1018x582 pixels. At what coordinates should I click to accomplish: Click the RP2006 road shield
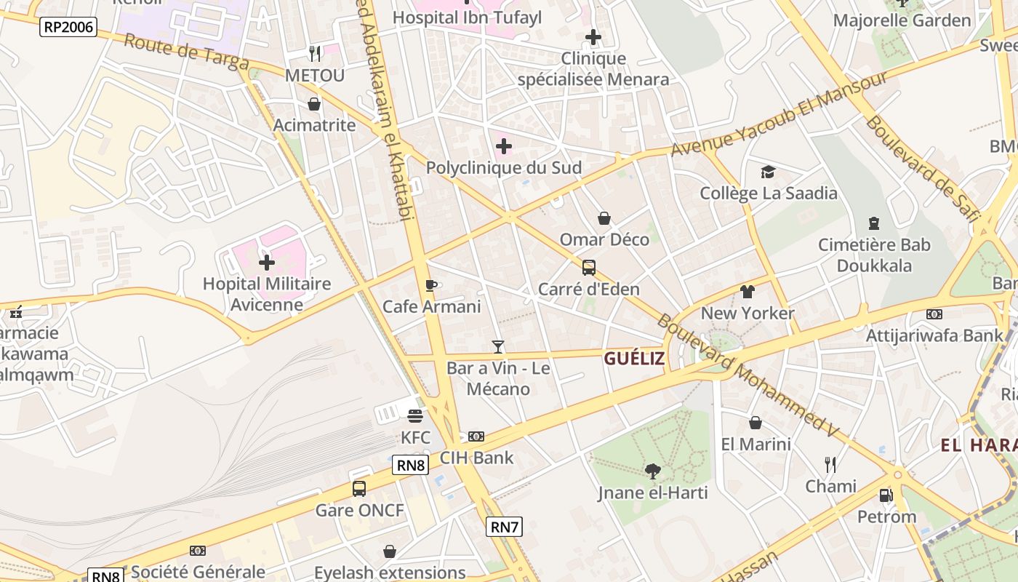click(69, 27)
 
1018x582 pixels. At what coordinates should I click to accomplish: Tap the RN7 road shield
click(504, 527)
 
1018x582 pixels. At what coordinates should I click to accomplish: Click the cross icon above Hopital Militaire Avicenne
click(267, 262)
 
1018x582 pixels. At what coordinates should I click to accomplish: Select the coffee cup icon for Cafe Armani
click(431, 285)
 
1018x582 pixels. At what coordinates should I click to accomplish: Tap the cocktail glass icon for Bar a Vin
click(498, 346)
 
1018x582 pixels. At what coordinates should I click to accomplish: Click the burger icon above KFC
click(415, 416)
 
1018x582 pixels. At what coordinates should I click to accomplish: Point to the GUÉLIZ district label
click(634, 358)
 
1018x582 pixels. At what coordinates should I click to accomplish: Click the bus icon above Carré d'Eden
click(589, 268)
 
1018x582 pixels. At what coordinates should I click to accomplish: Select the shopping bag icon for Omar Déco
click(604, 218)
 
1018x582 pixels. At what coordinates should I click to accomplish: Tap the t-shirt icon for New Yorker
click(748, 292)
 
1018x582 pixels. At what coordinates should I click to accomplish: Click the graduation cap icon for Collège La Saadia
click(768, 172)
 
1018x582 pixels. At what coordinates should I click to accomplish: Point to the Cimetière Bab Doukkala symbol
click(874, 223)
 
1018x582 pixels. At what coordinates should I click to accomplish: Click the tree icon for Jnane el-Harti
click(652, 471)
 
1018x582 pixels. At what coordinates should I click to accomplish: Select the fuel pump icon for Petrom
click(886, 495)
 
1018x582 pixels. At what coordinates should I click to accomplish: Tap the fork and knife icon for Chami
click(830, 465)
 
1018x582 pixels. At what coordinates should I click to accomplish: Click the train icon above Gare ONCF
click(359, 489)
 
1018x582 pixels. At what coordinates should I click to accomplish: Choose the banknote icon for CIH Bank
click(476, 436)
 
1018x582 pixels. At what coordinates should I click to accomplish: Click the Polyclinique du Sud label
click(503, 168)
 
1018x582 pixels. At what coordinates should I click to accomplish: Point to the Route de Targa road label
click(186, 51)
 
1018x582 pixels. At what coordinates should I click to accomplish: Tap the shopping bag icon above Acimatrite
click(314, 104)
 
